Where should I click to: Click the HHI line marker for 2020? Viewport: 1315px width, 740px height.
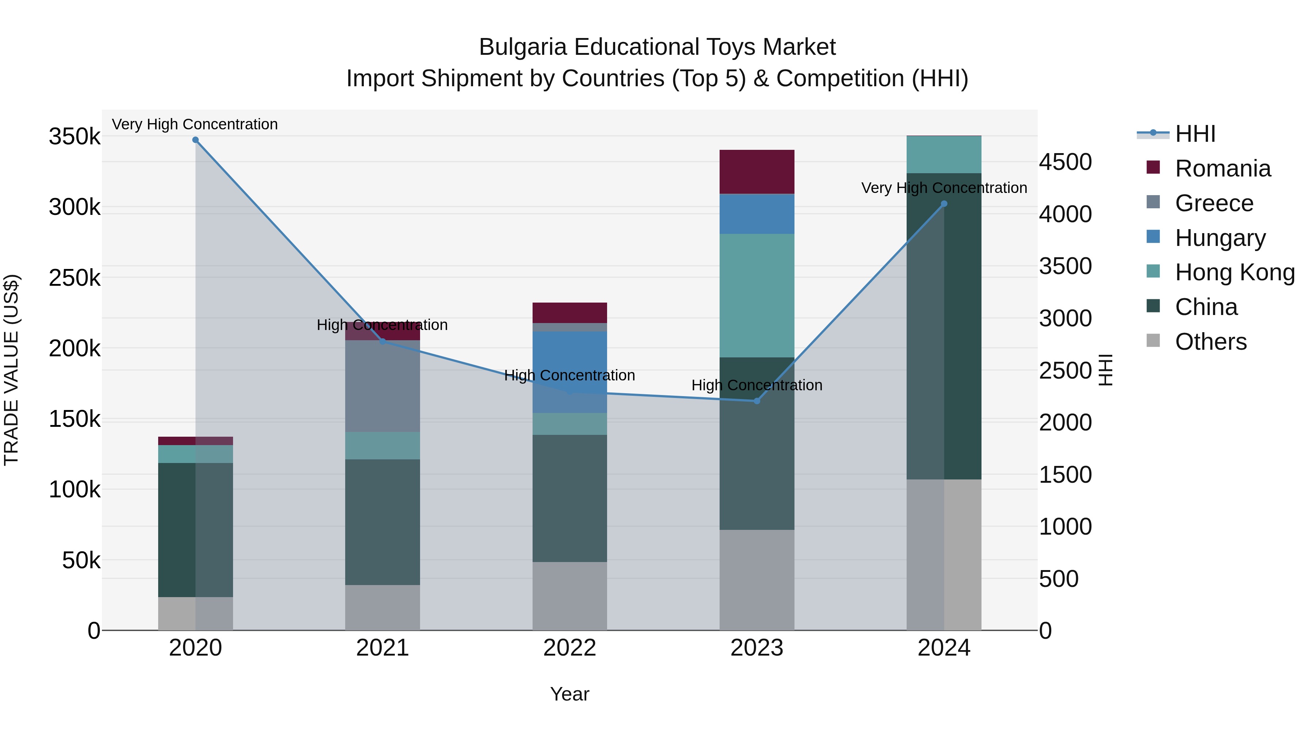point(195,140)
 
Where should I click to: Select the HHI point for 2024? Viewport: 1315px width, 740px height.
point(944,204)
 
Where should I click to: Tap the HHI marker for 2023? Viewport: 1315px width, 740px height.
point(757,401)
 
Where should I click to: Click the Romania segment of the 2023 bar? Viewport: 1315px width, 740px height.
point(757,172)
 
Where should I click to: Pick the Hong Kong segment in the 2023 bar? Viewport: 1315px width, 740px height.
point(757,295)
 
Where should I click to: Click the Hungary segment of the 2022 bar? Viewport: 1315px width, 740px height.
point(570,357)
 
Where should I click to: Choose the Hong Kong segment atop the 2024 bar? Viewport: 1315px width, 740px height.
point(944,154)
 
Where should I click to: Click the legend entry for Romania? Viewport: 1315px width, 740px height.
point(1223,168)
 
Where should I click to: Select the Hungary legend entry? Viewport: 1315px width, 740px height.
point(1220,238)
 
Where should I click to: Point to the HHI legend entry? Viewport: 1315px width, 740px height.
point(1194,134)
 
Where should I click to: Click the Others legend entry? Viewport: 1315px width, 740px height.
point(1211,342)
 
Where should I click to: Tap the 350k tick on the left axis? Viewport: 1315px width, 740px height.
point(75,137)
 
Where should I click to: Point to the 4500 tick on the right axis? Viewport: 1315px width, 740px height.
point(1066,162)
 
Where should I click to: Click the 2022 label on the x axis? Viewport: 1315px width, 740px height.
point(570,648)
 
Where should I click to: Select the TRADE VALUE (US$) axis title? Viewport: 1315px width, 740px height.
point(11,370)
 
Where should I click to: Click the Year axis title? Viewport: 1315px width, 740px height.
point(570,694)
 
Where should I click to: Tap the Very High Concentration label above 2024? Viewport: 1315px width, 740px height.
point(944,188)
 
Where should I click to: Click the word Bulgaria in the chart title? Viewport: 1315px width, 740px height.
point(523,47)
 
